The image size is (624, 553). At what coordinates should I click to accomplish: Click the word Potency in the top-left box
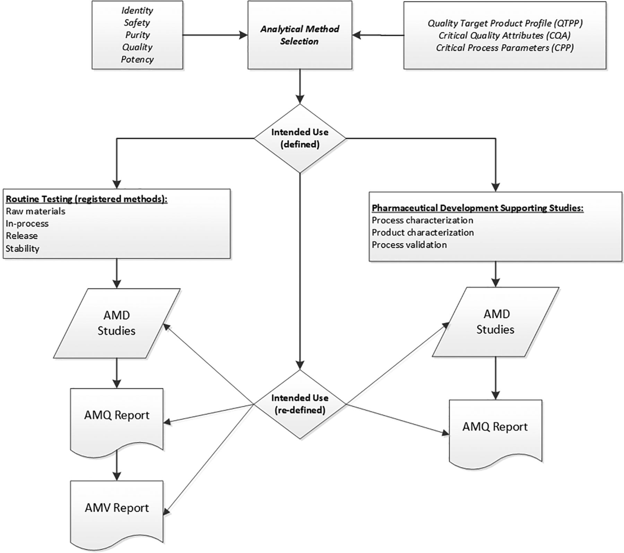[x=137, y=59]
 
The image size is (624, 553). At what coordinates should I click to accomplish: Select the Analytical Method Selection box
[x=300, y=35]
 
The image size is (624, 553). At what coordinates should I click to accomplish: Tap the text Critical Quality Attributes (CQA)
[x=505, y=35]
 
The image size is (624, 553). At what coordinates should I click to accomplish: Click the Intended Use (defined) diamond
[x=300, y=138]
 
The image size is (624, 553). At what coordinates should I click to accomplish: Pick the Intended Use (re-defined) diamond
[x=300, y=404]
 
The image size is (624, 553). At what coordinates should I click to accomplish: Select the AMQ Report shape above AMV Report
[x=117, y=419]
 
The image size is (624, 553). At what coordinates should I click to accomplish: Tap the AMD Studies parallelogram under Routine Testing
[x=117, y=323]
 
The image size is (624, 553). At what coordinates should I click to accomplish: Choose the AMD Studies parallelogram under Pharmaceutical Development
[x=495, y=322]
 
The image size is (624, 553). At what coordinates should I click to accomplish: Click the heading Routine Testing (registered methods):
[x=87, y=199]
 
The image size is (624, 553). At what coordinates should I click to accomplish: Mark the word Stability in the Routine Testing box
[x=23, y=248]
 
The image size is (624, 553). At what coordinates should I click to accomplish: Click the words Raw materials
[x=35, y=211]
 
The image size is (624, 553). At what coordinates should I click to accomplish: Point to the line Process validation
[x=409, y=245]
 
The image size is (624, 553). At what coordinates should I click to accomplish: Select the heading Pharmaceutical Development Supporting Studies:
[x=478, y=208]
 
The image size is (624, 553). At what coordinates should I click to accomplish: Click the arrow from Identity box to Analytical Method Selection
[x=215, y=35]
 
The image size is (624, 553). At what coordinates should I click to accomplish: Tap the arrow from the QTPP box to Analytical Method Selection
[x=378, y=35]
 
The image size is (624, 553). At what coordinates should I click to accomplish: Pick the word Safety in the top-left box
[x=137, y=23]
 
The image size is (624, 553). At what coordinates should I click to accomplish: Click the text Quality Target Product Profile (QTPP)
[x=505, y=23]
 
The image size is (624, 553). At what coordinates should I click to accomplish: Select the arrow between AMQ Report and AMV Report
[x=117, y=465]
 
